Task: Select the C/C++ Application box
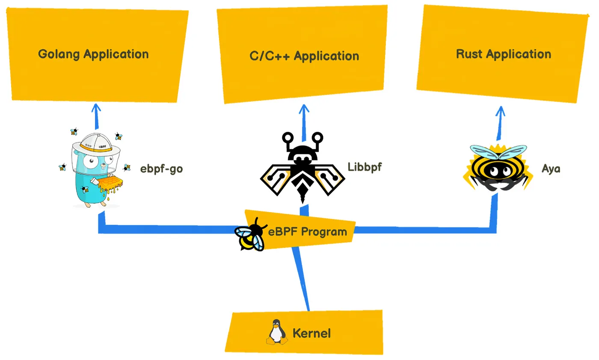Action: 304,56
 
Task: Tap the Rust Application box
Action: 503,54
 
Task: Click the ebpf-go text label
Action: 161,169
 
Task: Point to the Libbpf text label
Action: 364,167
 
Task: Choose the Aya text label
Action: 551,168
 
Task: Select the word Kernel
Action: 311,333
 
